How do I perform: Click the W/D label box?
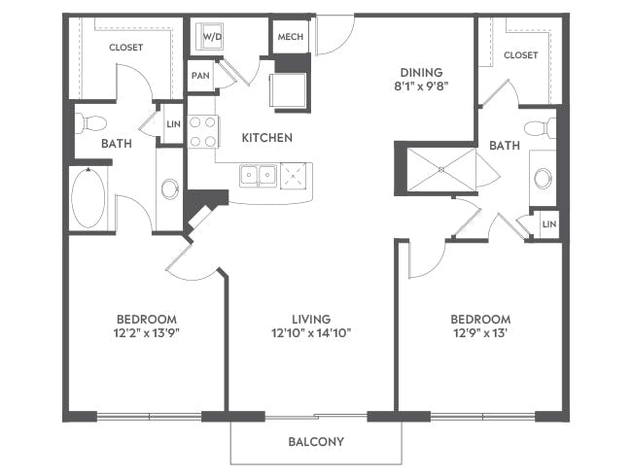coord(212,37)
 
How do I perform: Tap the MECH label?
coord(290,37)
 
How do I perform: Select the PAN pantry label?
coord(200,75)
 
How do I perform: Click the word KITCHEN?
coord(266,138)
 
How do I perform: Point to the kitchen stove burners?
coord(202,132)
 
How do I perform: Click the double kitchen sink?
coord(259,176)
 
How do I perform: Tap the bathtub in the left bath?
coord(88,197)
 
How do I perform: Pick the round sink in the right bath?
coord(543,178)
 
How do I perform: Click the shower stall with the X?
coord(440,168)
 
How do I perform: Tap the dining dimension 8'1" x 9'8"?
coord(422,86)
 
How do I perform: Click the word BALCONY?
coord(316,442)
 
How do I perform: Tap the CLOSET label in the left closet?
coord(126,47)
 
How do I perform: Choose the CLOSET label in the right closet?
coord(521,55)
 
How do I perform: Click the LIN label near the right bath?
coord(548,224)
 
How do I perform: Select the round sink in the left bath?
coord(169,188)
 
